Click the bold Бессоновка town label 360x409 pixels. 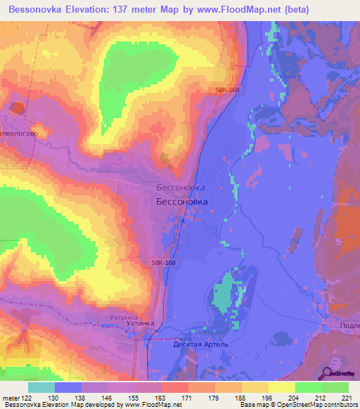(182, 202)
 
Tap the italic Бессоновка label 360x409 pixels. (180, 188)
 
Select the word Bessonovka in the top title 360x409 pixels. (45, 11)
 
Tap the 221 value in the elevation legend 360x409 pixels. (347, 398)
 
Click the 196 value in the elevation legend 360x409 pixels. (266, 398)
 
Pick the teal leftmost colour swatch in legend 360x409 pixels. (41, 387)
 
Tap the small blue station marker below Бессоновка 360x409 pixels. (183, 221)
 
